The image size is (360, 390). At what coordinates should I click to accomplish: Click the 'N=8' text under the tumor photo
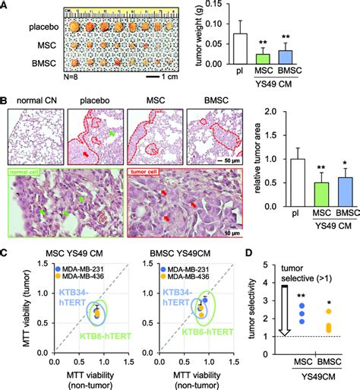(17, 81)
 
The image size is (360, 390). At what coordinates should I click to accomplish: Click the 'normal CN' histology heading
(33, 99)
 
